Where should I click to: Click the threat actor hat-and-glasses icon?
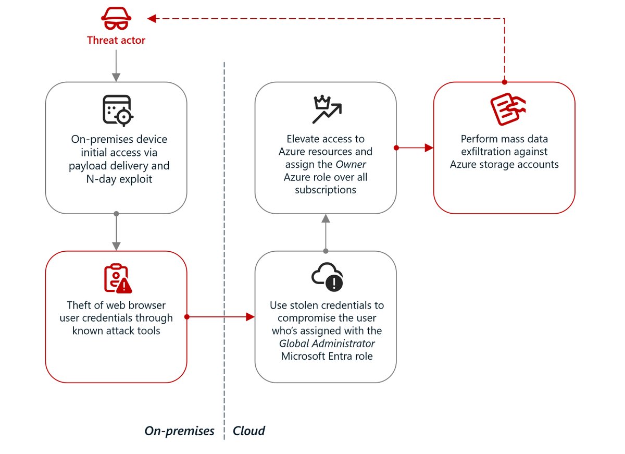(116, 20)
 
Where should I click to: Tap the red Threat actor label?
(116, 40)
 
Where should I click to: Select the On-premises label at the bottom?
(179, 431)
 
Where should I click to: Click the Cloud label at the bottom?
(249, 431)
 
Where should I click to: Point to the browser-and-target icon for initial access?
(117, 111)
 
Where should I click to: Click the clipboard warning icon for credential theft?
(118, 278)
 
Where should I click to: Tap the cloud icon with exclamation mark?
(327, 277)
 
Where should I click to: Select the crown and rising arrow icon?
(327, 110)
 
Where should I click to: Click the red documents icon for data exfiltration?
(507, 109)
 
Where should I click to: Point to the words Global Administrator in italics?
(327, 343)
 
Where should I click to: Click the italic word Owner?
(351, 164)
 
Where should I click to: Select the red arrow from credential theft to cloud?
(221, 317)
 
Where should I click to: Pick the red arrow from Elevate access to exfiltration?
(415, 148)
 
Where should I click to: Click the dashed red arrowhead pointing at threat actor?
(152, 19)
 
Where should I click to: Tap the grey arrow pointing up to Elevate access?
(326, 232)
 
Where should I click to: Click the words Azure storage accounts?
(504, 164)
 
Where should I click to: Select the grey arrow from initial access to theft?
(116, 232)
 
